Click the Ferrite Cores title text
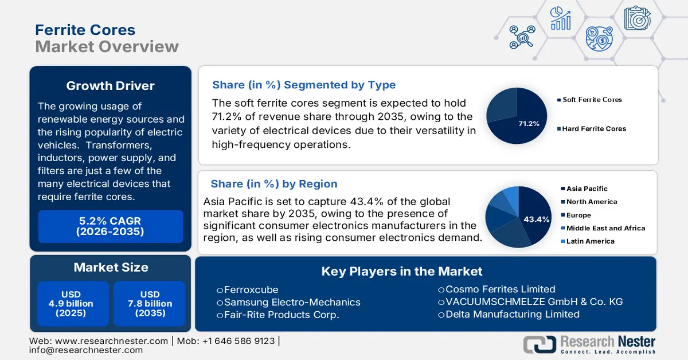85,30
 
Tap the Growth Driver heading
110,86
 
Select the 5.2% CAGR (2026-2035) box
110,226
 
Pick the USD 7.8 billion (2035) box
150,303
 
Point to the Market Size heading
110,267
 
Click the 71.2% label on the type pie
528,123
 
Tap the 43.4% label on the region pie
536,219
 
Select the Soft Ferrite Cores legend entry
592,100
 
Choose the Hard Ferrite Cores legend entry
594,129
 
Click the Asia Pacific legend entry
587,189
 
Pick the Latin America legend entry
590,241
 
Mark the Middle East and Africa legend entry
605,228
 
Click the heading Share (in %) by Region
274,184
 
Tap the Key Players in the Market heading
402,272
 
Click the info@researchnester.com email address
86,350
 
